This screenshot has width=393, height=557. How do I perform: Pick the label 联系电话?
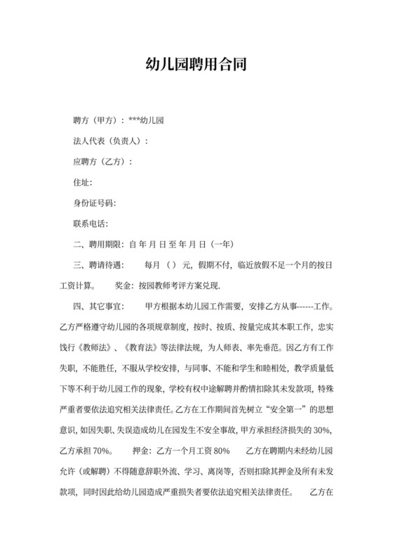click(x=90, y=224)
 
